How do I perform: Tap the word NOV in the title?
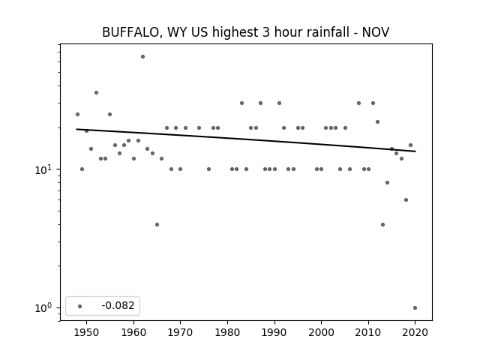(376, 32)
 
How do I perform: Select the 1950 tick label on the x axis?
(87, 332)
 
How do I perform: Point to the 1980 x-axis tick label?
(227, 332)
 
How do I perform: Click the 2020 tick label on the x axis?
(415, 332)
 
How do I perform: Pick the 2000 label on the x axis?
(321, 332)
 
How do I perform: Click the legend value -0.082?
(118, 305)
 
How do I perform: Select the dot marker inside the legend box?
(80, 306)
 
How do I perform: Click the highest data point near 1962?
(142, 57)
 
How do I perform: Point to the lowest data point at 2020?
(415, 308)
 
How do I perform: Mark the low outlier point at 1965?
(157, 225)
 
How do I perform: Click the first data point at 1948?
(77, 115)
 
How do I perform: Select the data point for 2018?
(406, 200)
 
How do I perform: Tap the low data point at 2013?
(382, 225)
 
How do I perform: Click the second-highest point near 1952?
(96, 93)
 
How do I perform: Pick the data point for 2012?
(377, 121)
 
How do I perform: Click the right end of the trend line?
(415, 151)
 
